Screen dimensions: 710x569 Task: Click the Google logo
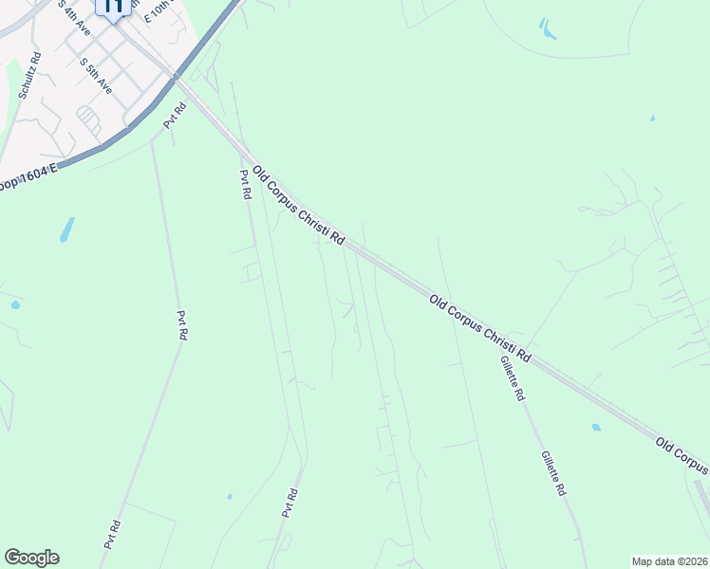tap(31, 558)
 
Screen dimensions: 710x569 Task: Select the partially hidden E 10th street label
tap(159, 11)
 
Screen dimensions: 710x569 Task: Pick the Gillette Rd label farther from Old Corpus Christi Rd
tap(553, 473)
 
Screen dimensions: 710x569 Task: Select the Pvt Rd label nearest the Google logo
tap(114, 534)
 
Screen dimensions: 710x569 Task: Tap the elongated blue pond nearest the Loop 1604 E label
tap(66, 229)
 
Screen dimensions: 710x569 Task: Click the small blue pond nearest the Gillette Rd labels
tap(596, 428)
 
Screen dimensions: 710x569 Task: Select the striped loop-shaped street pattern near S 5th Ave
tap(88, 119)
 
